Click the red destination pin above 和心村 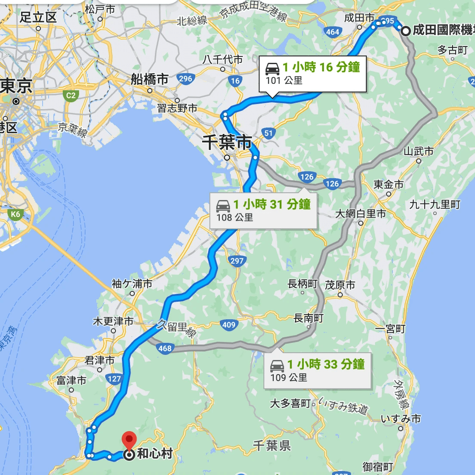point(129,441)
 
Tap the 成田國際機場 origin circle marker point(405,31)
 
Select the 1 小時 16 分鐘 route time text point(321,67)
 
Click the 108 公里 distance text point(234,217)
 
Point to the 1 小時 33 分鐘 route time point(326,364)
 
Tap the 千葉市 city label point(227,142)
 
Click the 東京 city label point(16,86)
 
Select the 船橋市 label point(149,79)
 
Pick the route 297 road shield point(237,261)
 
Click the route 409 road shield point(228,325)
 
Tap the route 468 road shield point(165,349)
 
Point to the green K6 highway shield point(15,214)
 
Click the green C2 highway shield point(71,96)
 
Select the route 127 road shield point(114,379)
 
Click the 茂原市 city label point(340,285)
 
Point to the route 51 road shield point(269,133)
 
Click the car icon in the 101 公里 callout point(272,68)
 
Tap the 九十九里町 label point(435,204)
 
